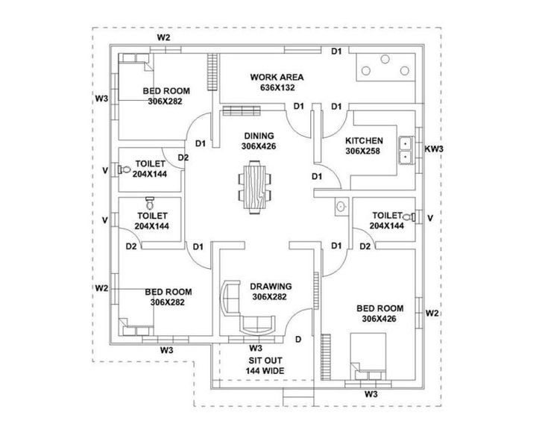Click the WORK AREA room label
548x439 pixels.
click(277, 77)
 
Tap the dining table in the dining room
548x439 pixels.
click(254, 187)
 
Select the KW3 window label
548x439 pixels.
click(434, 149)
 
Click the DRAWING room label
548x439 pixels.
click(271, 287)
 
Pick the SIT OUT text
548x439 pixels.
click(265, 361)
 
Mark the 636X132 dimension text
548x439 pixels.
click(277, 87)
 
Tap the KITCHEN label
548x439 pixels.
click(364, 140)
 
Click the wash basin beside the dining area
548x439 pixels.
click(341, 207)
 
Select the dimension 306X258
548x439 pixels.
click(363, 152)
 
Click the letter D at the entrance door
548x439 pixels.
click(298, 339)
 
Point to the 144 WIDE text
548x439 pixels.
click(265, 371)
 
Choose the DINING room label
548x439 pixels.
click(259, 136)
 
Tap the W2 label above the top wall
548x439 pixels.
click(163, 37)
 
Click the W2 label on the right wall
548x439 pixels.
click(432, 313)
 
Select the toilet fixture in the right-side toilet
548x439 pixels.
click(409, 217)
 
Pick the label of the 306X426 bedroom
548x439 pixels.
click(380, 308)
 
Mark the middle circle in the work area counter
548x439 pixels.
click(385, 59)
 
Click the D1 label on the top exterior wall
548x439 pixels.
click(336, 52)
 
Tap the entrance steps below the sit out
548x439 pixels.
click(298, 397)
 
